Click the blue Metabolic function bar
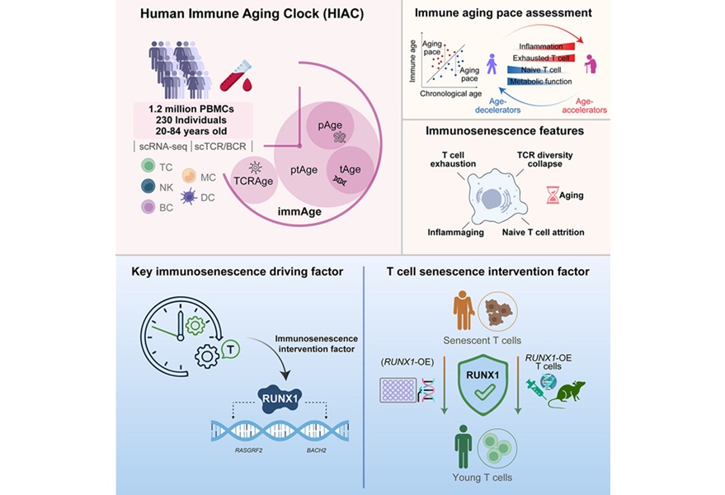pyautogui.click(x=536, y=82)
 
